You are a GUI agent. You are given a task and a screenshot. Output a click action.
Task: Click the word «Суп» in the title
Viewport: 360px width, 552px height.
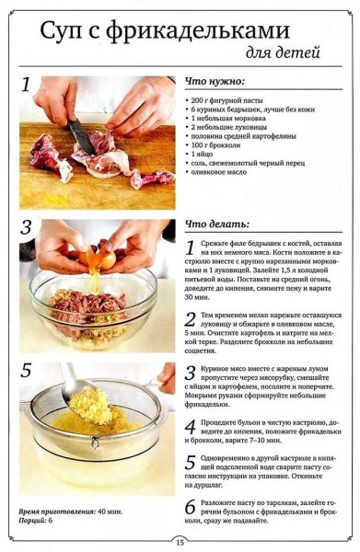pos(61,31)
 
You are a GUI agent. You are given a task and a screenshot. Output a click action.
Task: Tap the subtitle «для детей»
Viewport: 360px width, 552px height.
pos(283,52)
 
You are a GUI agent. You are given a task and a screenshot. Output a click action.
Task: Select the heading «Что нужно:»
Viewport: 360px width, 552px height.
pos(215,82)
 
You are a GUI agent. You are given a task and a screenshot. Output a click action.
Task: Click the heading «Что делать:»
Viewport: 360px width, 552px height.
pos(217,224)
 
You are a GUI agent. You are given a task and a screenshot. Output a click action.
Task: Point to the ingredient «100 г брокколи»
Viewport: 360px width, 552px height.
pos(215,145)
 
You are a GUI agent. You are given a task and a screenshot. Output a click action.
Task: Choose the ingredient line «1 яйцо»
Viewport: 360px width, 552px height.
pos(202,155)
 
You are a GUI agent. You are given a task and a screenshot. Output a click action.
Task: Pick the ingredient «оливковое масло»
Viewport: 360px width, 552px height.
pos(219,172)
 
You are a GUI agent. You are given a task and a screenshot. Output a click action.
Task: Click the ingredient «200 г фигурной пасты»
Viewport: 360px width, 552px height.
pos(226,100)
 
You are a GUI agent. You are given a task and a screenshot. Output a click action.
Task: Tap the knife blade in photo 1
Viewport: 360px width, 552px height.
pos(82,136)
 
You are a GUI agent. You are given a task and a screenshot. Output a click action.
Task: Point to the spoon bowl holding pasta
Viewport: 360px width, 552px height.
pos(87,401)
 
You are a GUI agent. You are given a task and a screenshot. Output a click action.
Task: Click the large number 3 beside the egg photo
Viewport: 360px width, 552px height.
pos(26,227)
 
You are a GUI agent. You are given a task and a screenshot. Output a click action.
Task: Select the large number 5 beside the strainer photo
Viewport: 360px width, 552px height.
pos(26,370)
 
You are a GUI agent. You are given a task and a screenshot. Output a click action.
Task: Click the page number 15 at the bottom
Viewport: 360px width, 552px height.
pos(180,542)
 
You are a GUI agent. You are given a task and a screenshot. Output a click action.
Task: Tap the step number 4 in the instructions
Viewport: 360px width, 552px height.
pos(191,427)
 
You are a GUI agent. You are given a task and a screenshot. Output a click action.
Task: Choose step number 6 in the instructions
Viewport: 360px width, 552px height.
pos(191,507)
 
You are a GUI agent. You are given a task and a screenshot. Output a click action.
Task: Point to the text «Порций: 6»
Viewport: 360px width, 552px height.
pos(35,521)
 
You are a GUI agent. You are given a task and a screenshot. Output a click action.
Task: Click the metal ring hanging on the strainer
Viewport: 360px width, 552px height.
pos(95,443)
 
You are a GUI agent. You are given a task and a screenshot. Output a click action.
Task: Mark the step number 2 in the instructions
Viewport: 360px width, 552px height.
pos(191,319)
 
